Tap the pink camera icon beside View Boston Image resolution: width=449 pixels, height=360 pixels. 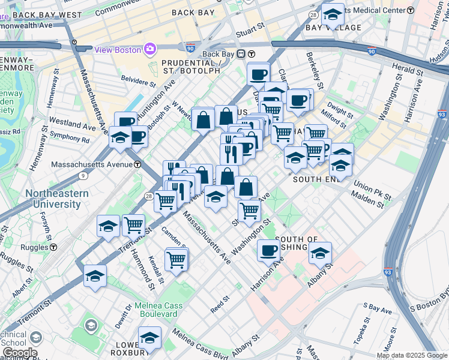[149, 49]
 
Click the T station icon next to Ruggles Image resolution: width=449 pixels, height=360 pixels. [53, 247]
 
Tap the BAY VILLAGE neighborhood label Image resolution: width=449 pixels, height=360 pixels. [334, 28]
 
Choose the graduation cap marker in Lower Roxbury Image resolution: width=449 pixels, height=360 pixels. [149, 338]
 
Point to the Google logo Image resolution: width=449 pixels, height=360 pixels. [19, 353]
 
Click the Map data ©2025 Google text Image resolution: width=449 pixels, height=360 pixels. [412, 355]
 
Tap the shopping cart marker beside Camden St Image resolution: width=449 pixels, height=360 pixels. [176, 259]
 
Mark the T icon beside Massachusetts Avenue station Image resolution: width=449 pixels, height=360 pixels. [137, 164]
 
